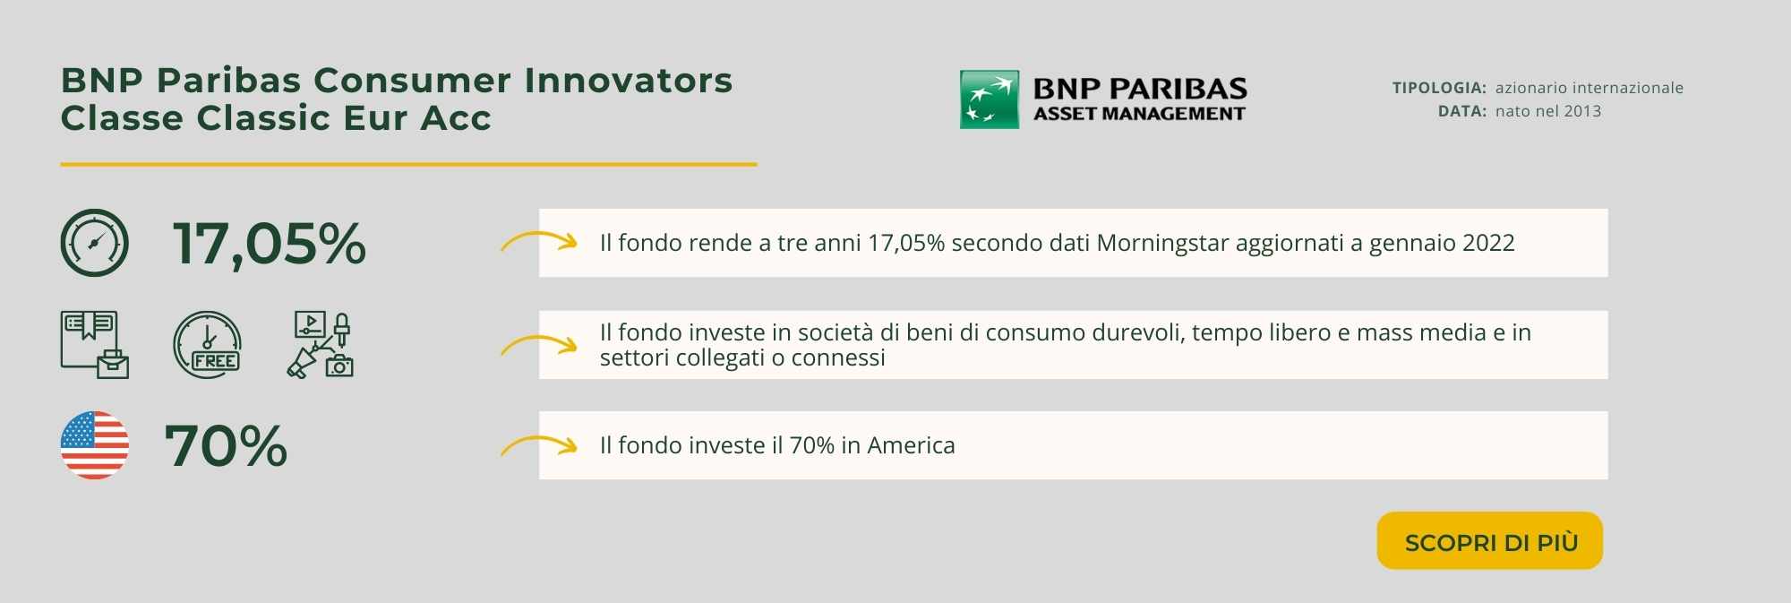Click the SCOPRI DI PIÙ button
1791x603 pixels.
[x=1489, y=540]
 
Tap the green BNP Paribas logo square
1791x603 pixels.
[x=990, y=99]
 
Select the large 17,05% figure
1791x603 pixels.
[x=269, y=244]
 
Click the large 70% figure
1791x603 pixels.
[x=226, y=445]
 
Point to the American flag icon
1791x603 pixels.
[x=95, y=445]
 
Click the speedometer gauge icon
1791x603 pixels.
[x=95, y=243]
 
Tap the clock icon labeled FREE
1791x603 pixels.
[x=208, y=345]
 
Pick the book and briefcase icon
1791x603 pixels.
[x=95, y=345]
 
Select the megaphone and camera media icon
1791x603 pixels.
[x=321, y=345]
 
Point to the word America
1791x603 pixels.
[x=911, y=445]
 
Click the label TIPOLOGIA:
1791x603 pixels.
[x=1439, y=88]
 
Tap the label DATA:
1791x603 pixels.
[x=1462, y=111]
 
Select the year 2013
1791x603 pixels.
[x=1582, y=111]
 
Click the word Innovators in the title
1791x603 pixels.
[x=628, y=81]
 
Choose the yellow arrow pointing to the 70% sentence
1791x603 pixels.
[x=538, y=444]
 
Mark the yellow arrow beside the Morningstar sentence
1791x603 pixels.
[x=538, y=241]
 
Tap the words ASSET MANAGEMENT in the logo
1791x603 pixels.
[x=1139, y=114]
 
